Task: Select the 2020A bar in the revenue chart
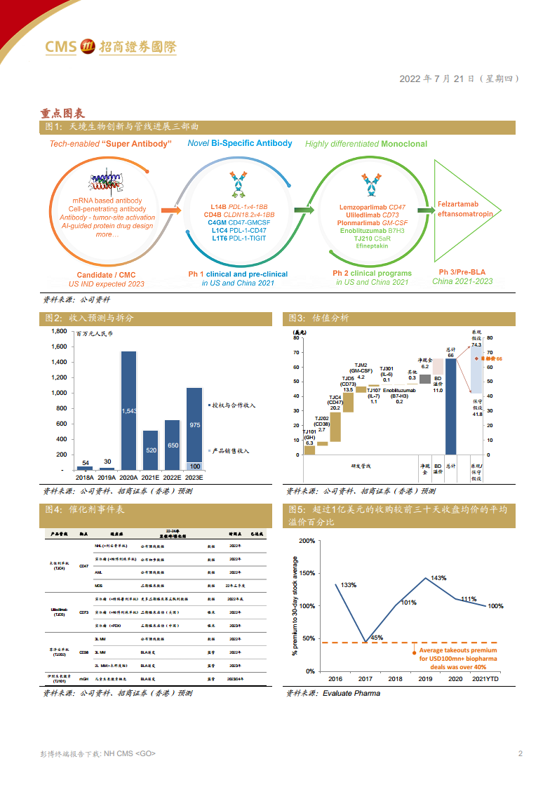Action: [128, 410]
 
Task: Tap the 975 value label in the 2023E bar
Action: [194, 425]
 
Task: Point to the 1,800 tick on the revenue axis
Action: [58, 331]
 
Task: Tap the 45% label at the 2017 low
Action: [377, 637]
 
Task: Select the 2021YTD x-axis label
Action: [487, 679]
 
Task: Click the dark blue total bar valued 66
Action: [451, 407]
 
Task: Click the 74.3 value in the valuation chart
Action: [476, 344]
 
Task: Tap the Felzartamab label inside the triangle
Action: [458, 204]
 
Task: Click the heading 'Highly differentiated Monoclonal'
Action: [365, 144]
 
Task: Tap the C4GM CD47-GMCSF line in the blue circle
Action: [239, 222]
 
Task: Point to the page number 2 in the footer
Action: [520, 754]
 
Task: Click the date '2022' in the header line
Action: [410, 79]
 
